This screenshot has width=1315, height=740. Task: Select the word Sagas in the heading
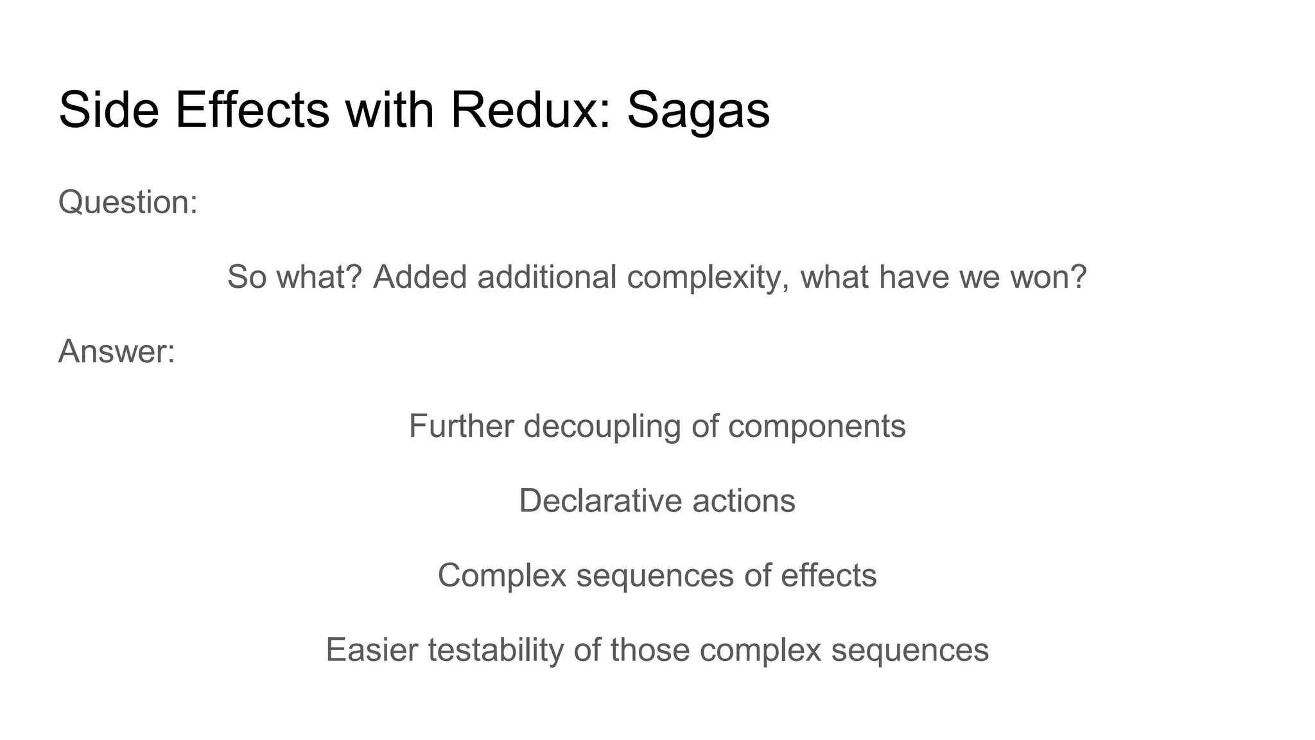click(x=698, y=110)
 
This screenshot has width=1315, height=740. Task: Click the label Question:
click(x=128, y=202)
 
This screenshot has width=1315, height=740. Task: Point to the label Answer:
click(x=116, y=351)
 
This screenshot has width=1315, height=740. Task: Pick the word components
click(x=817, y=427)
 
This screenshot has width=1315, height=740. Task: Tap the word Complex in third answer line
click(x=501, y=575)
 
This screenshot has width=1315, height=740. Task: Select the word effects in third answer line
click(x=828, y=575)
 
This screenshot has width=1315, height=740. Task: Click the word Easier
click(x=372, y=649)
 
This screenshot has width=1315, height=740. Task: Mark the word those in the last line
click(x=650, y=649)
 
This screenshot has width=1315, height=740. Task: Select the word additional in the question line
click(x=546, y=277)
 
